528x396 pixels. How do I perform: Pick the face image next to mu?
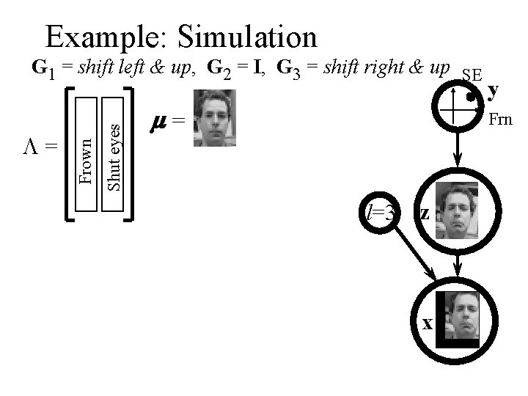click(213, 118)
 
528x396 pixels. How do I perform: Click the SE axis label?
click(472, 76)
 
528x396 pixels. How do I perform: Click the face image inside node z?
click(457, 210)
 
